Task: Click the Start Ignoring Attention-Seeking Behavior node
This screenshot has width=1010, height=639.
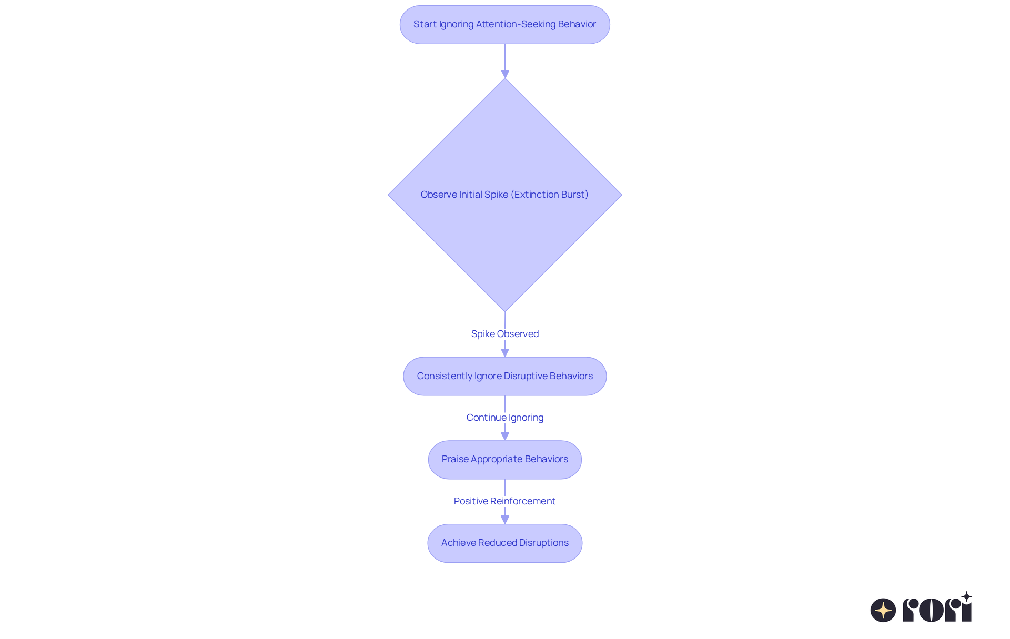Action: tap(504, 25)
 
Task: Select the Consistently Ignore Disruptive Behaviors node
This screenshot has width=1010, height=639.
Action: tap(504, 376)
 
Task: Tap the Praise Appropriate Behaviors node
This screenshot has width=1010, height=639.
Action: tap(504, 460)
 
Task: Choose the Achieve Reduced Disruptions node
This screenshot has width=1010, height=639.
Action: tap(504, 543)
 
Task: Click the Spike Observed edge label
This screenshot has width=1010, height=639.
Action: tap(504, 334)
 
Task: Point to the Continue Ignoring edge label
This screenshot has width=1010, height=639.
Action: tap(504, 418)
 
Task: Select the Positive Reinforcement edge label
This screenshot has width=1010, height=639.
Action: tap(504, 501)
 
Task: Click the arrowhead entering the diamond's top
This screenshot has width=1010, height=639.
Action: tap(505, 74)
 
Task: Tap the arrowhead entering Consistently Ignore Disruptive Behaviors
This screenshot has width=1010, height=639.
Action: tap(505, 353)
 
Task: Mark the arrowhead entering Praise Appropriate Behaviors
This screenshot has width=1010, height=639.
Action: tap(505, 437)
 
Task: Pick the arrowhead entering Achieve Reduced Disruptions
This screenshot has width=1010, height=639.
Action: tap(505, 520)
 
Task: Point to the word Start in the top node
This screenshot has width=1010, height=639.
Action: tap(425, 24)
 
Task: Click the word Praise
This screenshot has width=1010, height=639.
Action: tap(455, 459)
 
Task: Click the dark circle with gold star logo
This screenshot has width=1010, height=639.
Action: tap(883, 610)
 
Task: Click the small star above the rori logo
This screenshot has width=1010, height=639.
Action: tap(966, 596)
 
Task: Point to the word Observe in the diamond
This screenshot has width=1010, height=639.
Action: tap(439, 195)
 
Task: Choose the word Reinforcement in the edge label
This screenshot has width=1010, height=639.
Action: tap(522, 501)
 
